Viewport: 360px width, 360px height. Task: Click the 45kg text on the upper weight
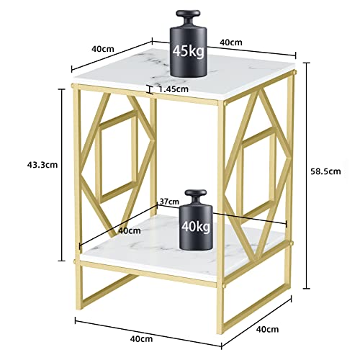(x=189, y=52)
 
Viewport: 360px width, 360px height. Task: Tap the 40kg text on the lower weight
(x=196, y=226)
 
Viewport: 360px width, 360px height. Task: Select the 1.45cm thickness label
(x=174, y=89)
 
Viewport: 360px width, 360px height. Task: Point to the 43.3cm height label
(x=42, y=165)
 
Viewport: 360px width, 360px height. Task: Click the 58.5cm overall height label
(x=325, y=171)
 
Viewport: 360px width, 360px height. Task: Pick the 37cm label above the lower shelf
(x=169, y=202)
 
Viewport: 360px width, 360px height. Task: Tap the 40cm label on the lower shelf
(x=130, y=230)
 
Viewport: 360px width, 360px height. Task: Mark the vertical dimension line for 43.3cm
(x=62, y=175)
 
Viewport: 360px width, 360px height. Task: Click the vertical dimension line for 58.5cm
(x=307, y=176)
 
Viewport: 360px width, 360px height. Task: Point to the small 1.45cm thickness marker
(x=150, y=89)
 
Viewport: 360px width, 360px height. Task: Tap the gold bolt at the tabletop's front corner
(x=225, y=104)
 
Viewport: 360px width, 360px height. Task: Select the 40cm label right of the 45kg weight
(x=231, y=42)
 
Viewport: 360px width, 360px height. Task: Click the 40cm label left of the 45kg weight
(x=103, y=49)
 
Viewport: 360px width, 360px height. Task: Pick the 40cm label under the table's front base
(x=141, y=339)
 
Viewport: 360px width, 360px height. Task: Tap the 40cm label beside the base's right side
(x=267, y=329)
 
